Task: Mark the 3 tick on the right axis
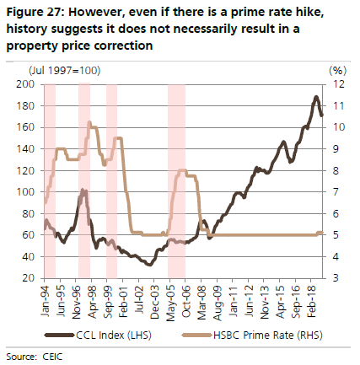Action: coord(336,277)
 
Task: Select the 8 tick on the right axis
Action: coord(336,170)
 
